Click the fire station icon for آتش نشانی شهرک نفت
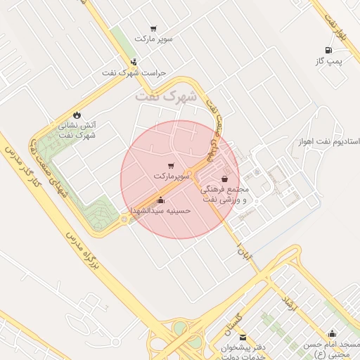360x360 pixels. click(77, 115)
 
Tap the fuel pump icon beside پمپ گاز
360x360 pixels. click(328, 50)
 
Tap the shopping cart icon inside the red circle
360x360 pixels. click(171, 165)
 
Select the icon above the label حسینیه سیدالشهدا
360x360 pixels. click(160, 200)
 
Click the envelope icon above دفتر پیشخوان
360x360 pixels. click(243, 337)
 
